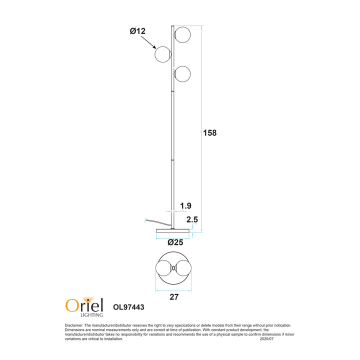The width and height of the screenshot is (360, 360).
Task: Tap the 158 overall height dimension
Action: click(x=209, y=133)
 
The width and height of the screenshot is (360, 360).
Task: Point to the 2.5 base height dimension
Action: click(x=192, y=219)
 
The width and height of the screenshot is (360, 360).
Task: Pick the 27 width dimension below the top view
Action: click(x=174, y=297)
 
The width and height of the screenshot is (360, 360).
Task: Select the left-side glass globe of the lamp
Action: click(x=163, y=54)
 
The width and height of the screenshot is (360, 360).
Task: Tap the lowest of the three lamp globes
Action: click(x=182, y=74)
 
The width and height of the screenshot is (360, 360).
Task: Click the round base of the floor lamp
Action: click(x=173, y=230)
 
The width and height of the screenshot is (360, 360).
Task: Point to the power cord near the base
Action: click(x=152, y=221)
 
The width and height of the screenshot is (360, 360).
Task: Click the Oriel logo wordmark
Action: click(x=84, y=304)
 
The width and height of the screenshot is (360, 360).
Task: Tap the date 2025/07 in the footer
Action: click(x=267, y=339)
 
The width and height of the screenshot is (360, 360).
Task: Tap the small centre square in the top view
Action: click(x=173, y=268)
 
